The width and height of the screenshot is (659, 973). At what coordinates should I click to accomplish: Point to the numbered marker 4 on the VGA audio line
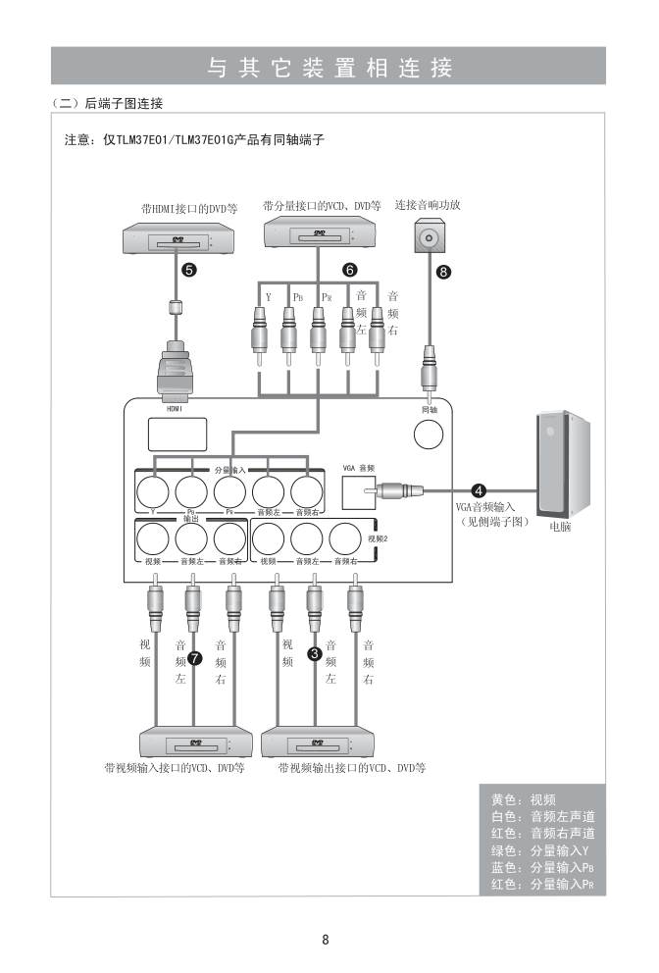click(479, 489)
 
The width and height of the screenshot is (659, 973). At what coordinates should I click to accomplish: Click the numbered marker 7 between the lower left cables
click(195, 658)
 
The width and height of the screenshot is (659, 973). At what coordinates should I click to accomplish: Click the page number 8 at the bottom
click(326, 939)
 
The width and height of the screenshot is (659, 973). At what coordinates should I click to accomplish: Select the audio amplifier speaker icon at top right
click(428, 238)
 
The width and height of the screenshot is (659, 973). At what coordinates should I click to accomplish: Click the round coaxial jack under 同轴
click(428, 434)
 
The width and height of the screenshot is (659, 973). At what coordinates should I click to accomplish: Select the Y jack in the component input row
click(153, 489)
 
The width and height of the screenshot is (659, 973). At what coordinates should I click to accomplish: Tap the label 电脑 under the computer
click(560, 527)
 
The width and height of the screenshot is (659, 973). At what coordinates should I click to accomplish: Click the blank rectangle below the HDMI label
click(177, 435)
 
